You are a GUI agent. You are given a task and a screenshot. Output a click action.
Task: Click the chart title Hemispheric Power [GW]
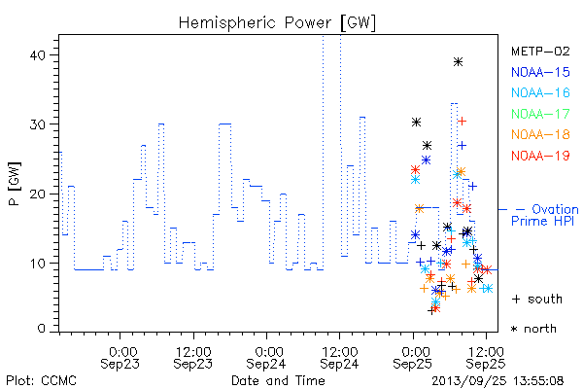click(x=277, y=23)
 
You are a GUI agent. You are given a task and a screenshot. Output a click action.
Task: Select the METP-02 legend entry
click(x=540, y=52)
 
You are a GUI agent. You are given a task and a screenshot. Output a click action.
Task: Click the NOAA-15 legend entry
click(x=540, y=72)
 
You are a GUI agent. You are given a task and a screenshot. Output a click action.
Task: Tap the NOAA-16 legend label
click(x=540, y=92)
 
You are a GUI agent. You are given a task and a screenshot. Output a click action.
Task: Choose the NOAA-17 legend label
click(x=540, y=114)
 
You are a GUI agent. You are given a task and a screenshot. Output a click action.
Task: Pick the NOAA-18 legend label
click(x=540, y=134)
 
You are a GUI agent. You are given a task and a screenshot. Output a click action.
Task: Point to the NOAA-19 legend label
click(x=540, y=156)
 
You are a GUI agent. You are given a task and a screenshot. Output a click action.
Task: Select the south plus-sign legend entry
click(x=537, y=299)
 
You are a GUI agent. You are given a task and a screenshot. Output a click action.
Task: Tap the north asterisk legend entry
click(x=533, y=329)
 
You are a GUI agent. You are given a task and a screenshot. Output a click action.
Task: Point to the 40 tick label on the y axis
click(x=37, y=55)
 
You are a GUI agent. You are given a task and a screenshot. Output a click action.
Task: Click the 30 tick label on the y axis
click(x=37, y=124)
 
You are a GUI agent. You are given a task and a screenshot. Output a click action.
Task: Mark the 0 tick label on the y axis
click(x=41, y=329)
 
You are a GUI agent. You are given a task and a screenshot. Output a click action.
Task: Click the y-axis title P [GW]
click(x=15, y=184)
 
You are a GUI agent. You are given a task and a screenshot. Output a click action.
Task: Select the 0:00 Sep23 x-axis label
click(x=120, y=358)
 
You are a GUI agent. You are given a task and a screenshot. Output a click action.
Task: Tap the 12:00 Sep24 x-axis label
click(x=339, y=358)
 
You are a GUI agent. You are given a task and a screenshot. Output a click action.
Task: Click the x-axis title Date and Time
click(x=278, y=381)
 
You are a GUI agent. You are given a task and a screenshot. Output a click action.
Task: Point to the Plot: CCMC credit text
click(x=41, y=381)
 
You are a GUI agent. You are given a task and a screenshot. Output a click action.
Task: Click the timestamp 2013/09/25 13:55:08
click(x=497, y=381)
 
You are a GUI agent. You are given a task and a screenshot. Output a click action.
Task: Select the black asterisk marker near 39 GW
click(x=458, y=62)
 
